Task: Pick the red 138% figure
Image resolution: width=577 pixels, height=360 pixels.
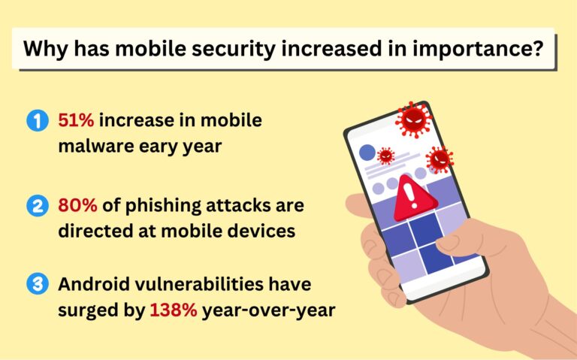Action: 172,309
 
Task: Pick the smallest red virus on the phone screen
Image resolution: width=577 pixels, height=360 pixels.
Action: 385,156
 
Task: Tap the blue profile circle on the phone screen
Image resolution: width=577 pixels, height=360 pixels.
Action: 367,153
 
